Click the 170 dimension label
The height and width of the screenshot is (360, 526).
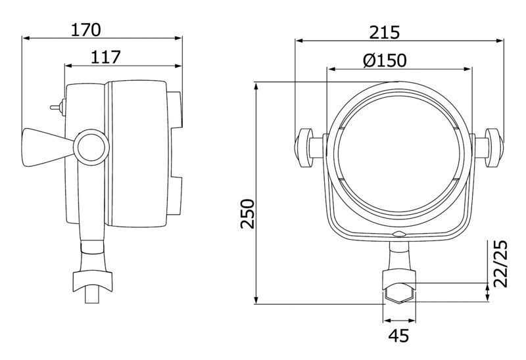pos(85,30)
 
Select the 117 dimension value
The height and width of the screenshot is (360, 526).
pos(105,57)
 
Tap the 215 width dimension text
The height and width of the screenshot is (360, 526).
pos(385,32)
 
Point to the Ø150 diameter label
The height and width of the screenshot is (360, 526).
pos(385,60)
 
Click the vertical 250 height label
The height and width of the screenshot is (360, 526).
pos(248,214)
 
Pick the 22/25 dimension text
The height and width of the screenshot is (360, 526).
pos(500,263)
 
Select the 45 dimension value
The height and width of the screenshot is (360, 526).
pos(399,335)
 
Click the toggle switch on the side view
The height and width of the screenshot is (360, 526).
pos(58,107)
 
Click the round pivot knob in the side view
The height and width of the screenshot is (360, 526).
pos(91,147)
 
